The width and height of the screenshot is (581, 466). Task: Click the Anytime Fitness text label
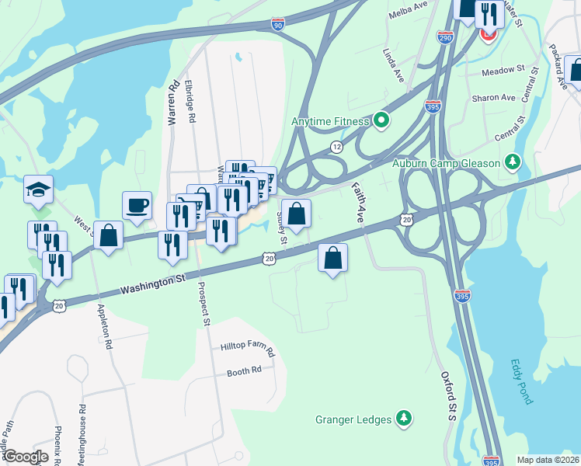click(330, 121)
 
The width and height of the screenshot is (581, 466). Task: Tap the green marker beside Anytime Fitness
click(381, 121)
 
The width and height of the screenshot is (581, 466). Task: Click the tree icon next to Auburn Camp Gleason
click(512, 162)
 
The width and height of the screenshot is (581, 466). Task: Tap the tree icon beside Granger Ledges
click(403, 419)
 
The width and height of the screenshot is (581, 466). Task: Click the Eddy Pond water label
click(522, 381)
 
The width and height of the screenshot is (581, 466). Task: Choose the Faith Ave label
click(357, 203)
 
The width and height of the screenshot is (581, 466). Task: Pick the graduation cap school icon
click(37, 190)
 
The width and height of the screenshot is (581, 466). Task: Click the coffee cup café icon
click(137, 206)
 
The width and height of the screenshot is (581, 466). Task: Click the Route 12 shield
click(336, 146)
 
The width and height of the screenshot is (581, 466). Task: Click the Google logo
click(26, 457)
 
